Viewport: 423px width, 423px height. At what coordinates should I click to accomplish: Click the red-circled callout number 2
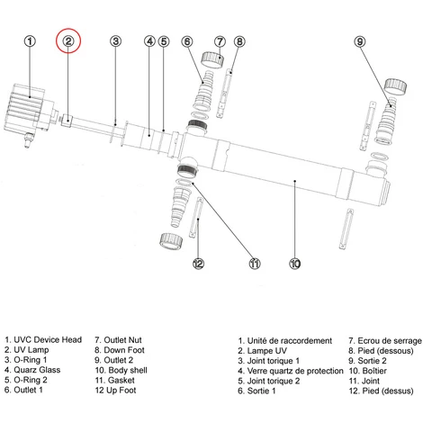point(68,40)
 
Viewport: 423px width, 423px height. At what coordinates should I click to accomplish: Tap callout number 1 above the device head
point(30,41)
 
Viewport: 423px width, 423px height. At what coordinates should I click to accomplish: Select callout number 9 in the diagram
point(360,41)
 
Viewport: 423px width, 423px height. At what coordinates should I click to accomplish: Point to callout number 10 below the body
point(295,264)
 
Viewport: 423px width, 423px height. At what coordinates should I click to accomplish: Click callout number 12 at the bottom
point(198,264)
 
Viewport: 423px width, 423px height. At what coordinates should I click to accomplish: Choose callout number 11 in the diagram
point(255,264)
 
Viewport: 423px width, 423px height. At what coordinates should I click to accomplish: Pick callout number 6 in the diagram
point(187,41)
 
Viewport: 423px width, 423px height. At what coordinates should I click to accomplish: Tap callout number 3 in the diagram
point(115,41)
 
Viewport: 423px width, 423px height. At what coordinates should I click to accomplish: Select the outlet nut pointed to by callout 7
point(212,60)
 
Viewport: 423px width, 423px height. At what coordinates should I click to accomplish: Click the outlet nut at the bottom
point(171,241)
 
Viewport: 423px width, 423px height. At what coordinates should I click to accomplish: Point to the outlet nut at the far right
point(396,86)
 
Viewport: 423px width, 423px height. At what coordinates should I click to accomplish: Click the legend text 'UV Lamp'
point(31,350)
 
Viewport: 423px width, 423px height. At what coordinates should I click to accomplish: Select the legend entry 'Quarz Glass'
point(37,370)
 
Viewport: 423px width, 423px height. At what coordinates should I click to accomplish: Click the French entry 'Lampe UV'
point(266,351)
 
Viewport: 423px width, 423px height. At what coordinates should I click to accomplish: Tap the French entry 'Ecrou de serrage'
point(390,341)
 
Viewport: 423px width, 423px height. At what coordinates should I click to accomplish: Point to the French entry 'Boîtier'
point(374,371)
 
